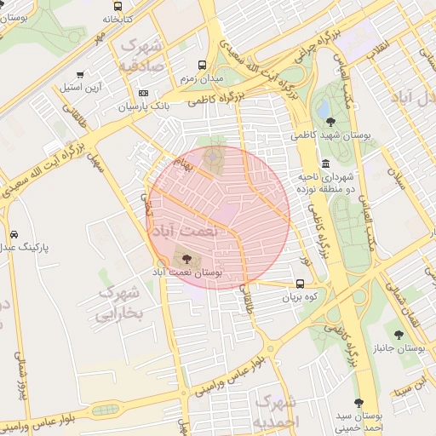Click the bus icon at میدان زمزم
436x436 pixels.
[203, 65]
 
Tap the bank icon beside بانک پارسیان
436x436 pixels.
[142, 93]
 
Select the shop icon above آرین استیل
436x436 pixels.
[80, 75]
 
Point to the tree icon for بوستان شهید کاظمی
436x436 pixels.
[330, 122]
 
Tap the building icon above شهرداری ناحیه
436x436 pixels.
[325, 163]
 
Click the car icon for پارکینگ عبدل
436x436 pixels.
[14, 234]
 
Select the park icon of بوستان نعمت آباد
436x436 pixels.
[186, 257]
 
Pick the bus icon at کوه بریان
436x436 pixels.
[300, 284]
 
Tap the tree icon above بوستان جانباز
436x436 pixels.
[399, 336]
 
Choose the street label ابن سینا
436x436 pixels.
[408, 387]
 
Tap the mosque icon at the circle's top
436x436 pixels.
[209, 155]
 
